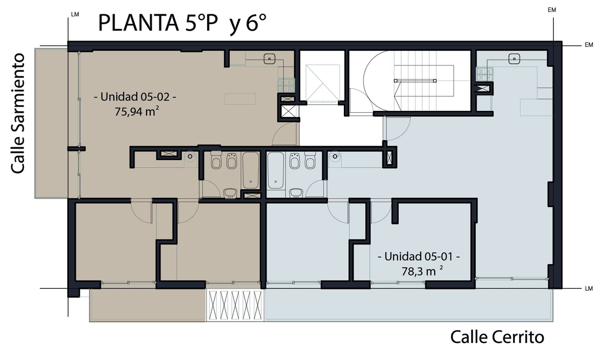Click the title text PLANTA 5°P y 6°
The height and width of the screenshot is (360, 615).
pos(182,23)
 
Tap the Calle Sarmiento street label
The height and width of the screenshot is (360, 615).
pos(18,113)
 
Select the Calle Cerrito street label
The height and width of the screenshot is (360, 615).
pos(497,337)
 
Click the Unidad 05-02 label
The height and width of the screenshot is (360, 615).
pos(135,97)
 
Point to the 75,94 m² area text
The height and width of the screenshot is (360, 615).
pos(137,112)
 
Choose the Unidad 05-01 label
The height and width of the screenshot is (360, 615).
pos(419,256)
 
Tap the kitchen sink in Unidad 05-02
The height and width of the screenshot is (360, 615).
pos(270,59)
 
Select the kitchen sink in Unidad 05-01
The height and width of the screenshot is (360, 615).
pos(514,59)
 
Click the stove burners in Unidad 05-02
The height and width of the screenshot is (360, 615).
pos(286,85)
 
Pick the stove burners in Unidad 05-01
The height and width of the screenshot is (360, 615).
pos(485,74)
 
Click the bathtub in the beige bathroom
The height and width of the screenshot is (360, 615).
pos(251,170)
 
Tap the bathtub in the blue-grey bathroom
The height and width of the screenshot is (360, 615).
pos(275,170)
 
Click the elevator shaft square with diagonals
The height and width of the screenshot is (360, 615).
pos(322,83)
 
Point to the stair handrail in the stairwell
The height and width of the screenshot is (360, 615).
pos(415,81)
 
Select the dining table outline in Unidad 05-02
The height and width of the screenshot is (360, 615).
pos(240,99)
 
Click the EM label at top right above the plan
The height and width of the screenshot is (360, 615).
pos(551,10)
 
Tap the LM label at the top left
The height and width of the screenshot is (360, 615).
pos(75,14)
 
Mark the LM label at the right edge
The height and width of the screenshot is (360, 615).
pos(589,289)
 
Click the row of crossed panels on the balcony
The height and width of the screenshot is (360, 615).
pos(235,305)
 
